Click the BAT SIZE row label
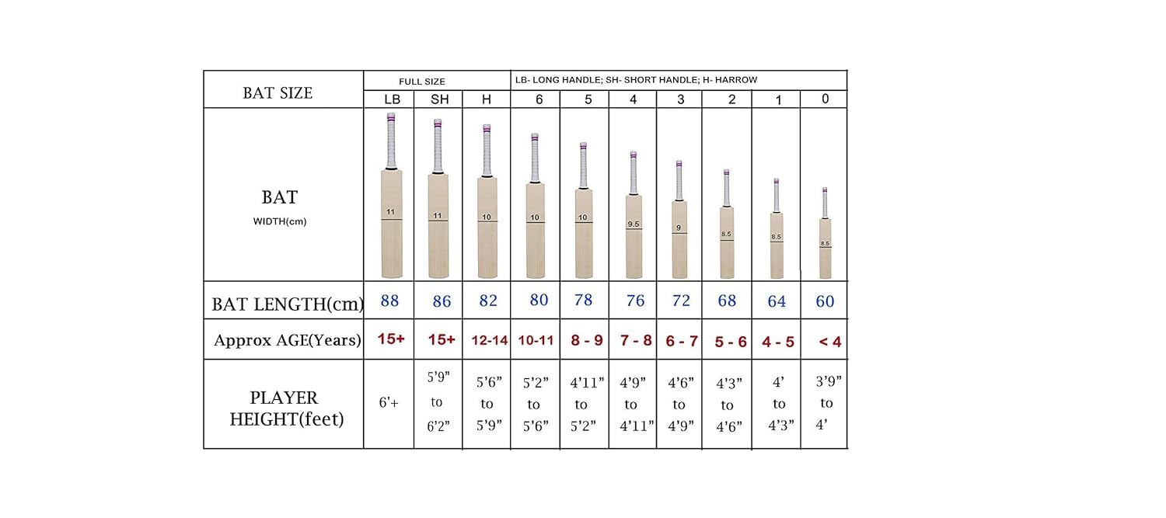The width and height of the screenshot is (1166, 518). click(278, 93)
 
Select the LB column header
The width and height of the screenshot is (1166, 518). click(392, 99)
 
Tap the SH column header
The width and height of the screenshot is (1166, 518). click(440, 99)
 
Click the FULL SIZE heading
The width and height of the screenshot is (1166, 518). click(422, 81)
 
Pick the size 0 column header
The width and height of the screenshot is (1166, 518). click(825, 99)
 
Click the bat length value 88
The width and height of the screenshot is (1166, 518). click(390, 301)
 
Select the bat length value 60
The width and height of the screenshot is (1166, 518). click(825, 301)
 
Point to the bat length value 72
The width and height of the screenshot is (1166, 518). click(681, 301)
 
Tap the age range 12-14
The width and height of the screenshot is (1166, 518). click(488, 341)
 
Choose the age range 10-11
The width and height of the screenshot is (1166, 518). click(535, 341)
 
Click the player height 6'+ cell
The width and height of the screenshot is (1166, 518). click(389, 404)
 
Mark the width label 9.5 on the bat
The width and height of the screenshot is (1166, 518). click(633, 224)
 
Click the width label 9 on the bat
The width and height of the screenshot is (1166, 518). click(679, 228)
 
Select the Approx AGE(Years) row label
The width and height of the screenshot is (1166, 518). click(288, 340)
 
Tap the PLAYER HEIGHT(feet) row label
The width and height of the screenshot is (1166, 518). click(284, 408)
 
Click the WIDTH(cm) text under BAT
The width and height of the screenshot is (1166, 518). click(280, 221)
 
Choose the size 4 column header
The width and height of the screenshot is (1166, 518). click(633, 99)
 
